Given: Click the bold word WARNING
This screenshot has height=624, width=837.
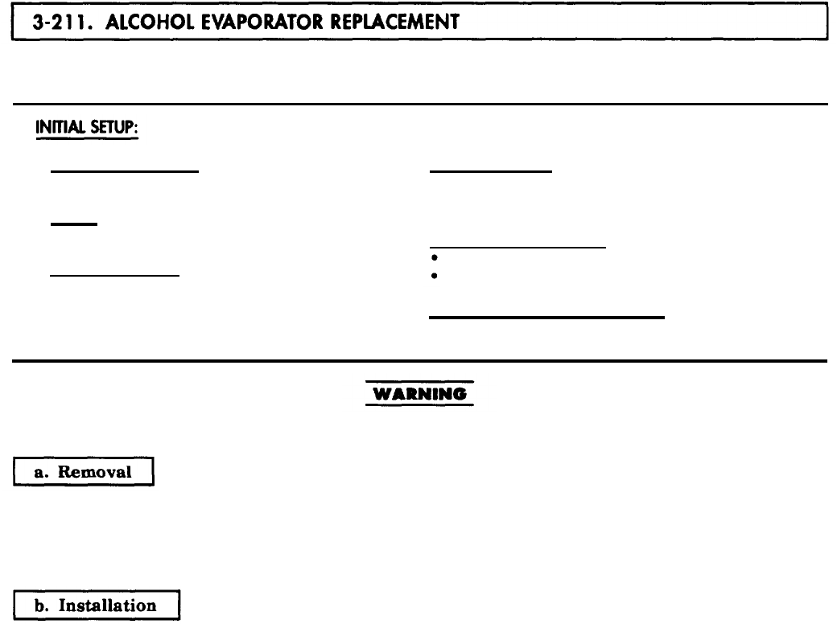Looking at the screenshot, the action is point(418,394).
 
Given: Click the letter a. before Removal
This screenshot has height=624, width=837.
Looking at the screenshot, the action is point(43,472).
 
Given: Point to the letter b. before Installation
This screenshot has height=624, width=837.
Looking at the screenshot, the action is point(43,606).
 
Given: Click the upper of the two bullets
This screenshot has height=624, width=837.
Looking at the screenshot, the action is point(433,259).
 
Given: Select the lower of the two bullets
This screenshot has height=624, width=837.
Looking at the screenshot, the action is point(433,276).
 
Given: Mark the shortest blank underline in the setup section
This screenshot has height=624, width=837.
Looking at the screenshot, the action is point(73,224).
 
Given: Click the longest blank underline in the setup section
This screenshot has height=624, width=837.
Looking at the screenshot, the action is point(546,318).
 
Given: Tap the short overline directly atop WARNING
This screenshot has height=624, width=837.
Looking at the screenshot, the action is point(418,381).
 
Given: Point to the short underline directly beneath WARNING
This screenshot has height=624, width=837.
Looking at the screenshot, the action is point(418,404).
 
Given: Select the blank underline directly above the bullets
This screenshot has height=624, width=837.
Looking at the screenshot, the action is point(517,248).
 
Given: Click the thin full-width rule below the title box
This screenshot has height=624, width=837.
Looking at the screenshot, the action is point(418,105).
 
